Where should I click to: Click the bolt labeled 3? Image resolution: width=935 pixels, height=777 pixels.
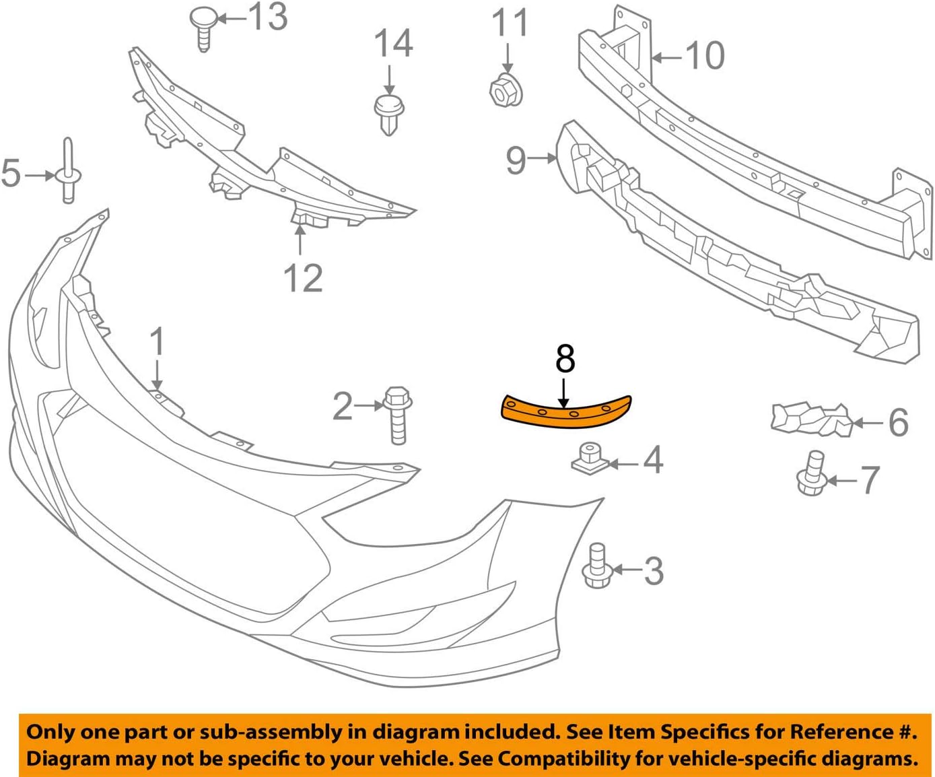(x=596, y=566)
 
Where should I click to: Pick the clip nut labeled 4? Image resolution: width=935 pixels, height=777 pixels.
(x=590, y=459)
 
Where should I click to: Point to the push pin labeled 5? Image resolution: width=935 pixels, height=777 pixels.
(x=68, y=172)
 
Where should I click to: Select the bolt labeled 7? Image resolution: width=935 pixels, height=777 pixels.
(x=812, y=474)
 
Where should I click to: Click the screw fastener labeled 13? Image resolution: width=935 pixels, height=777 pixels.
(x=203, y=28)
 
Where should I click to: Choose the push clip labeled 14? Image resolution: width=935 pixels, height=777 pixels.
(x=388, y=113)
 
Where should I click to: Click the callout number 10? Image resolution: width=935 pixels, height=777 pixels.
(x=705, y=56)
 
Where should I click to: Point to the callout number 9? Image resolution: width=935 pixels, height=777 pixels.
(x=516, y=160)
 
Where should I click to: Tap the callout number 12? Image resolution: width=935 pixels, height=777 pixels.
(x=303, y=278)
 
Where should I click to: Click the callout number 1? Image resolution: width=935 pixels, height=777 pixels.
(x=157, y=341)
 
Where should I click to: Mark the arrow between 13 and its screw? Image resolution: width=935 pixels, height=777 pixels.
(x=232, y=18)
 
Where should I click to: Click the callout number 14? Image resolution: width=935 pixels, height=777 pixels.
(x=393, y=44)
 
